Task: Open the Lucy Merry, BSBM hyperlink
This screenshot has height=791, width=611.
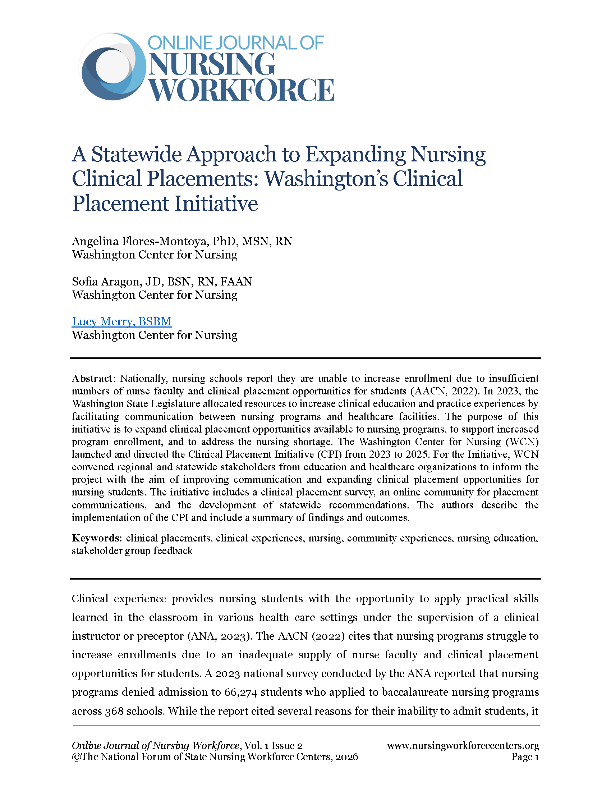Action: pos(121,322)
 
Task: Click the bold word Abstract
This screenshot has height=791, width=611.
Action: pos(92,379)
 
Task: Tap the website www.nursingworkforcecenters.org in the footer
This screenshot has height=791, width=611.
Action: pos(463,746)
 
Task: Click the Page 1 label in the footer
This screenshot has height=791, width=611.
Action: pos(525,757)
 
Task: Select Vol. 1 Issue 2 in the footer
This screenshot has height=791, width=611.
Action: pos(273,746)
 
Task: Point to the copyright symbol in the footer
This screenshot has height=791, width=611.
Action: pos(76,757)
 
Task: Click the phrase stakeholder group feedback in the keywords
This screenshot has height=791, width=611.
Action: pos(132,551)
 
